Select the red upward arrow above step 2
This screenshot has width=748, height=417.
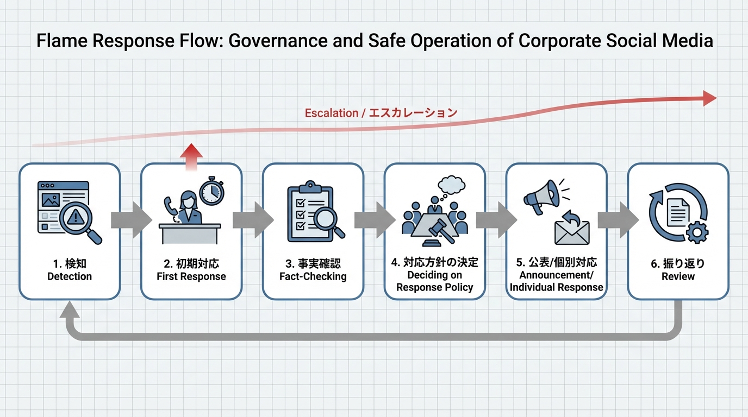point(190,157)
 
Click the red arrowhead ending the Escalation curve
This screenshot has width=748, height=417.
point(709,98)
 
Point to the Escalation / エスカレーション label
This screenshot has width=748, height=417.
point(381,113)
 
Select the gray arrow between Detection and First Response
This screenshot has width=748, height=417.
point(131,220)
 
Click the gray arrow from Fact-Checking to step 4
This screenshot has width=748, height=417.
point(374,220)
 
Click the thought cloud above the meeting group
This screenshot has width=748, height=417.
point(452,186)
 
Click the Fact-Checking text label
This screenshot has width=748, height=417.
point(313,276)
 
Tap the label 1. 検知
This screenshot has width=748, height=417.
point(70,264)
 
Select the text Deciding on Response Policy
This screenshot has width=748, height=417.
point(434,281)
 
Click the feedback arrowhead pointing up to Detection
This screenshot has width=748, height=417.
point(69,310)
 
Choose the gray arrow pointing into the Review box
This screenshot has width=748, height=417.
point(618,220)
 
